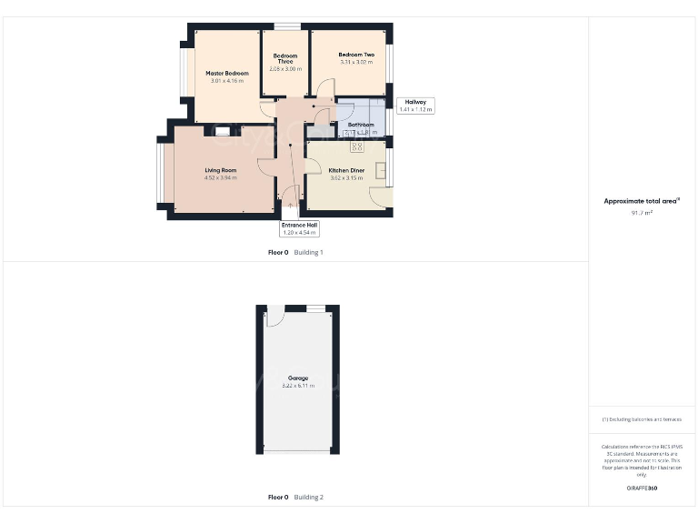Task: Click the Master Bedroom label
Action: [x=226, y=73]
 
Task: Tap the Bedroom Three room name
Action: [x=285, y=58]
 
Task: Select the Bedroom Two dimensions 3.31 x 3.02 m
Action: [x=356, y=62]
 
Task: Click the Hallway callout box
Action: [x=416, y=106]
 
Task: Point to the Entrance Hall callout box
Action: [x=299, y=228]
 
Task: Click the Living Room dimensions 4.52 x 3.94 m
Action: [x=221, y=177]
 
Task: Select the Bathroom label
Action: [x=361, y=125]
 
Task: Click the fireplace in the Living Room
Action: [x=222, y=131]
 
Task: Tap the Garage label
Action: [x=298, y=378]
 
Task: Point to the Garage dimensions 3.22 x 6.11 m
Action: [x=298, y=386]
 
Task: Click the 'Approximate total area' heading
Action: [x=642, y=202]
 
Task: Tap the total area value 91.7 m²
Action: [x=642, y=213]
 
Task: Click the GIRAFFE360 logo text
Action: [x=642, y=489]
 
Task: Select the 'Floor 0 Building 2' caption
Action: [x=295, y=498]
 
